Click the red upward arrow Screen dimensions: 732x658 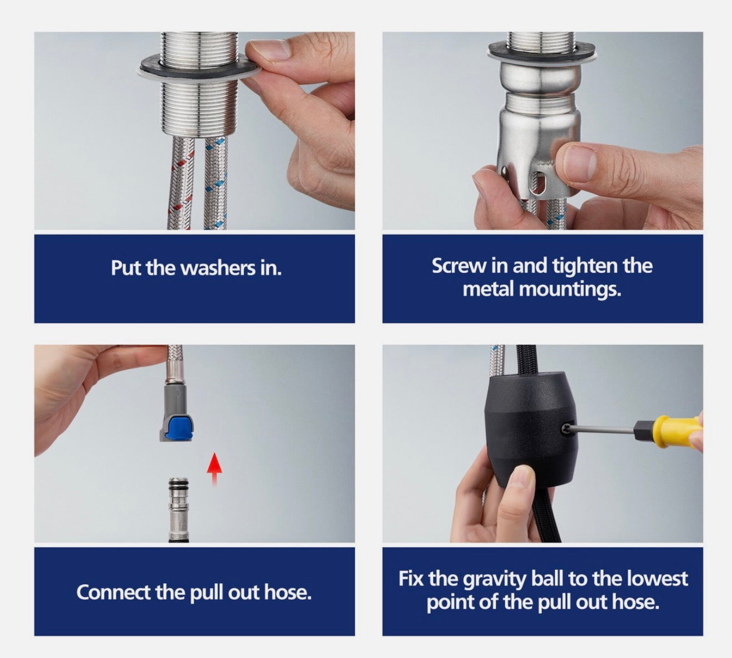[x=214, y=470]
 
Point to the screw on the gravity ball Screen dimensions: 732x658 [x=566, y=431]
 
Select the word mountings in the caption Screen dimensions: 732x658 [x=570, y=289]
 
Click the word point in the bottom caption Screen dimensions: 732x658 [x=450, y=602]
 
